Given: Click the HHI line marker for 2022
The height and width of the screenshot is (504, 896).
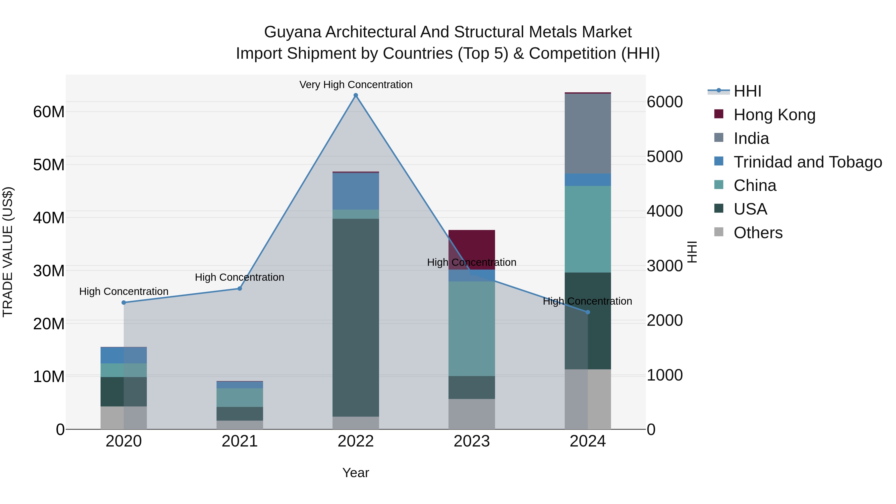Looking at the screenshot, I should coord(355,95).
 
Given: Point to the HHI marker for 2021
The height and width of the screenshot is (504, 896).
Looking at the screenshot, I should coord(240,289).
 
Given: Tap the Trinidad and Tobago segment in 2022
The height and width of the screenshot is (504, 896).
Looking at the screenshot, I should coord(355,191).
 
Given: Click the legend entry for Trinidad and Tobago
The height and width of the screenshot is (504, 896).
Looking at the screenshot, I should coord(808,162).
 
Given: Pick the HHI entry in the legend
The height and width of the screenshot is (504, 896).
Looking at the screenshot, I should coord(747,91).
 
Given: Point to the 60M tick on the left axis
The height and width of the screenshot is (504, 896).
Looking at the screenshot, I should coord(49,112).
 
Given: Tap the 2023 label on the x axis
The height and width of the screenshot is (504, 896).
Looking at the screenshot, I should coord(472,441).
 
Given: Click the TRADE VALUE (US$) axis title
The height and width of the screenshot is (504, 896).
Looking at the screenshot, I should coord(8,252).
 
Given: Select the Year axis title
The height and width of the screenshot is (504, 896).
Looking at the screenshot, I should coord(355,473).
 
